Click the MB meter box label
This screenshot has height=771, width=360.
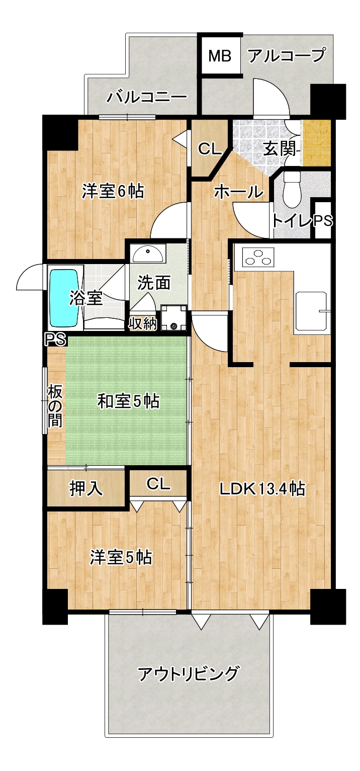coord(220,55)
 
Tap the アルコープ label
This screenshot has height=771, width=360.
coord(287,55)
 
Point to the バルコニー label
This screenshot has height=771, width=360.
coord(147,97)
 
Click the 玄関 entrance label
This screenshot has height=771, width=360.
coord(279,149)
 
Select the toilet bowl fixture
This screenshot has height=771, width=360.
coord(292,189)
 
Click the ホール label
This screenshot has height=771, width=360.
coord(238,192)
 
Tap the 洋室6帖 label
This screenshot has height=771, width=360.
coord(113,192)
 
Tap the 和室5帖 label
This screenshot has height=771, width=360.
coord(128,401)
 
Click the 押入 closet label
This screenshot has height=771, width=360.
coord(86,488)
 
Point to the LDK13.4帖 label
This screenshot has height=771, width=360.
coord(262,488)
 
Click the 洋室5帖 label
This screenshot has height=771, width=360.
coord(121,557)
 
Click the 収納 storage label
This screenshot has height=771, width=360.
coord(143,323)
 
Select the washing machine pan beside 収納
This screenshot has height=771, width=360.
coord(173,318)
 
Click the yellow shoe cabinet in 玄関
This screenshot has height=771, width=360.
coord(317,143)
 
